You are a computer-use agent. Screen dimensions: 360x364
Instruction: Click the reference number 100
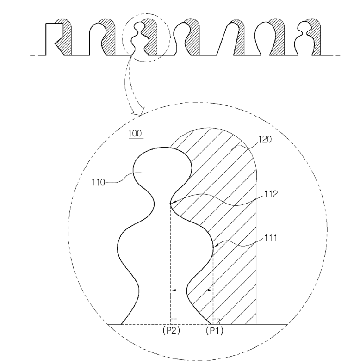click(x=135, y=134)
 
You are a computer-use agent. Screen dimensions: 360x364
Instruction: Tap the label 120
click(x=265, y=139)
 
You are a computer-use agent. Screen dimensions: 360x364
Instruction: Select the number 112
click(x=271, y=194)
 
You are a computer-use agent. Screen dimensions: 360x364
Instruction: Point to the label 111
click(x=271, y=238)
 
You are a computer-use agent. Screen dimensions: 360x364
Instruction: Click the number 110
click(x=99, y=183)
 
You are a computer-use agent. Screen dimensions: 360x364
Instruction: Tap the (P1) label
click(x=215, y=331)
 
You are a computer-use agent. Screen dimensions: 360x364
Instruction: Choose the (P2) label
click(x=171, y=331)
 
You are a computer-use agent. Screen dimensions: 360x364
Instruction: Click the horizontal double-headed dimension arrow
click(x=192, y=290)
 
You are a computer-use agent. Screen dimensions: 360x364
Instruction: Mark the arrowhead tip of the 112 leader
click(x=170, y=204)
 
